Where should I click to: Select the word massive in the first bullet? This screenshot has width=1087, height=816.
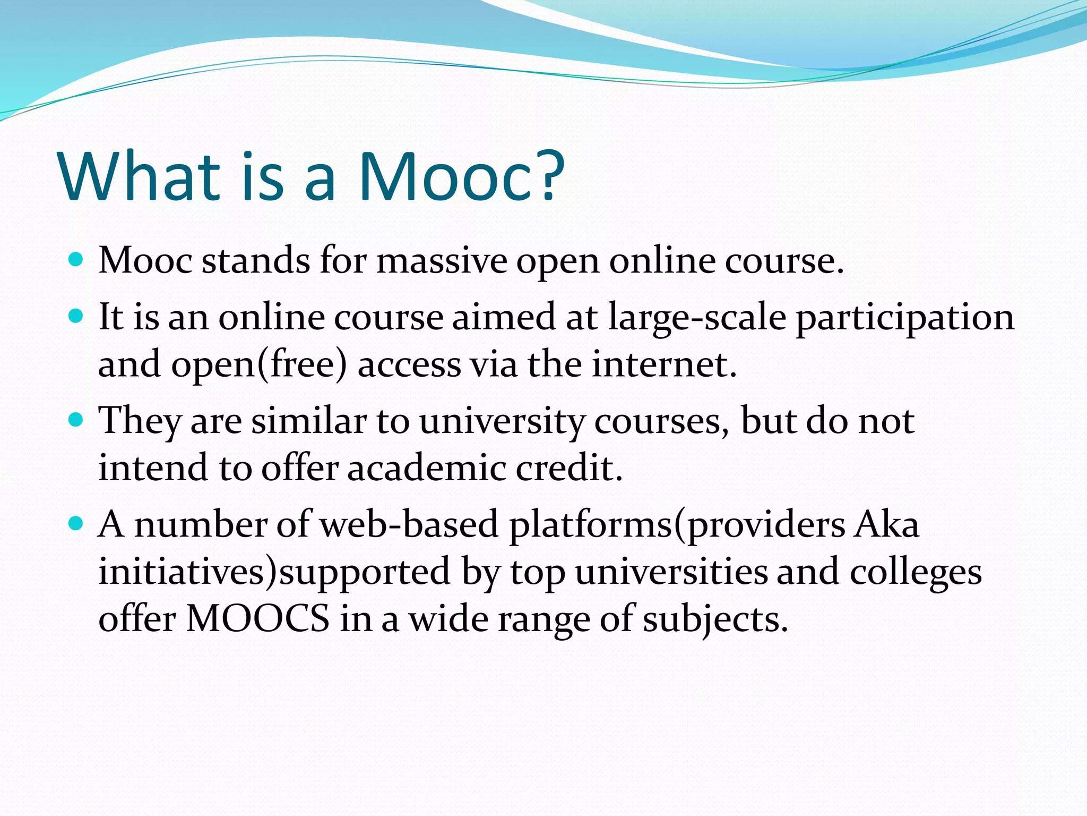[442, 261]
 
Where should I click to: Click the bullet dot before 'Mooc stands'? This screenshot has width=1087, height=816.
[76, 260]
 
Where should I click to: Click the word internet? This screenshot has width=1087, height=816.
[664, 365]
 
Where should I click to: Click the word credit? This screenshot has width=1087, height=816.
[568, 468]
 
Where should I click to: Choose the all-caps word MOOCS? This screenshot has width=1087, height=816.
[257, 619]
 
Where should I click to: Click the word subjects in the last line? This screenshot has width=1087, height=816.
[714, 620]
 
